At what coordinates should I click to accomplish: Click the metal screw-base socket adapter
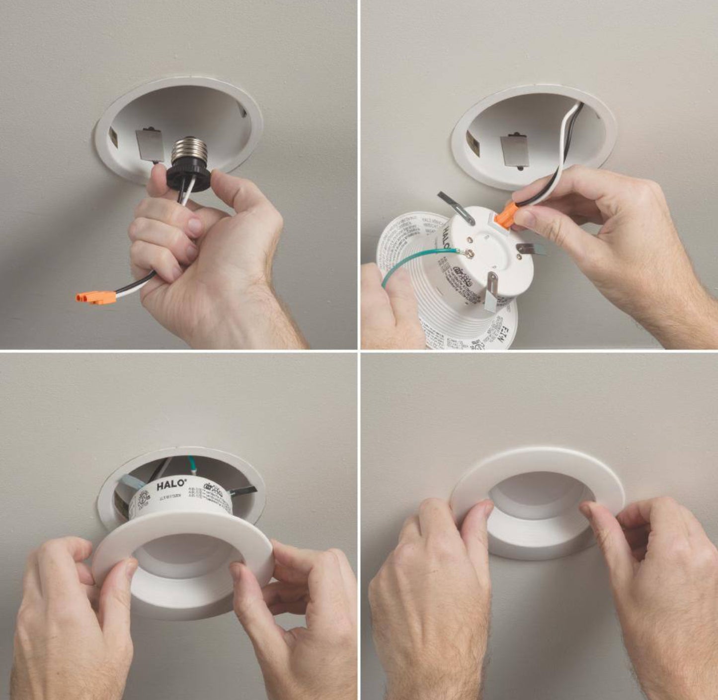(189, 151)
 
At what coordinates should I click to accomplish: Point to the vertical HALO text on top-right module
(447, 234)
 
